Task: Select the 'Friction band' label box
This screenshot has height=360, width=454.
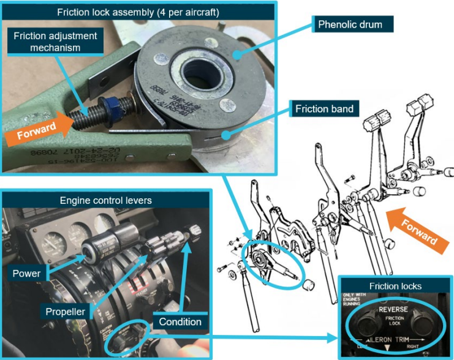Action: click(324, 109)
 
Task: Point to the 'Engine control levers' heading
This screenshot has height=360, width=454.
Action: click(106, 200)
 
